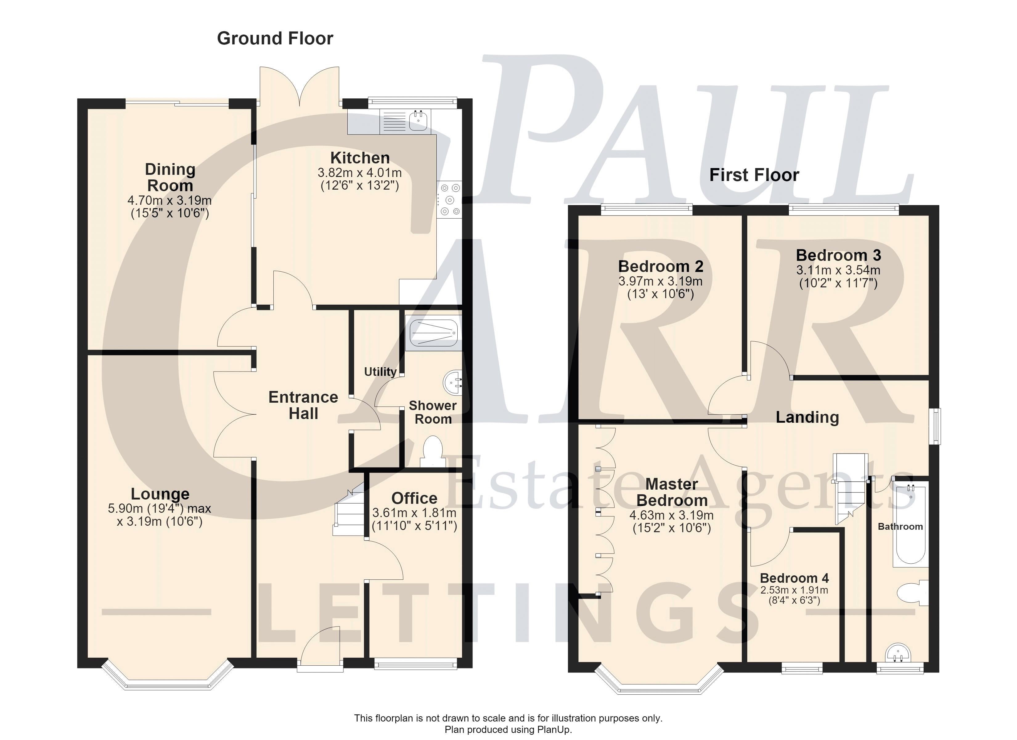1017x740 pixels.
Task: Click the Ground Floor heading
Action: (x=275, y=39)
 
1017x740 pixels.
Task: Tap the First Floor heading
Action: (x=754, y=175)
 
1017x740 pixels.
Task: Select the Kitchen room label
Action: (x=360, y=158)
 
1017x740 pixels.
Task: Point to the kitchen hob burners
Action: (x=450, y=199)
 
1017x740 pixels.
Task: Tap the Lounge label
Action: (x=160, y=494)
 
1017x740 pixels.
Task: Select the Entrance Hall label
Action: (x=304, y=405)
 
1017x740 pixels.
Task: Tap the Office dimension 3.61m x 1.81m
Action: (x=414, y=513)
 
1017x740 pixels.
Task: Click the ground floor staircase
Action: (x=349, y=510)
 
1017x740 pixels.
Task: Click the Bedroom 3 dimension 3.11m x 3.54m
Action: (x=839, y=270)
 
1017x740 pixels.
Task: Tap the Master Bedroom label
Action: (x=672, y=492)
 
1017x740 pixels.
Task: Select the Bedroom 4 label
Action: (x=794, y=578)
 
